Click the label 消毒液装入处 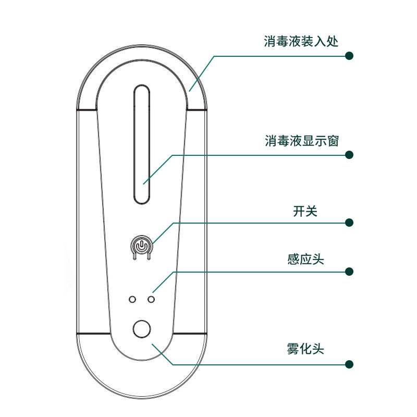pos(301,41)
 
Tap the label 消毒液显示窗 pos(302,141)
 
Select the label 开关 pos(305,211)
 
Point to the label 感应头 pos(305,259)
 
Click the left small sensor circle pos(132,300)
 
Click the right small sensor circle pos(152,300)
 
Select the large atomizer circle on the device pos(142,329)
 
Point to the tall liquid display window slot pos(142,144)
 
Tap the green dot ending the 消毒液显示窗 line pos(350,155)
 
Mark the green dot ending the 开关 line pos(350,223)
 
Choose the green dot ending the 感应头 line pos(350,272)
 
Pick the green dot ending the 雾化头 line pos(350,363)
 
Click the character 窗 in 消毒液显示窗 pos(333,141)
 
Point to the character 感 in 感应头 pos(293,259)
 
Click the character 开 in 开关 pos(299,211)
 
